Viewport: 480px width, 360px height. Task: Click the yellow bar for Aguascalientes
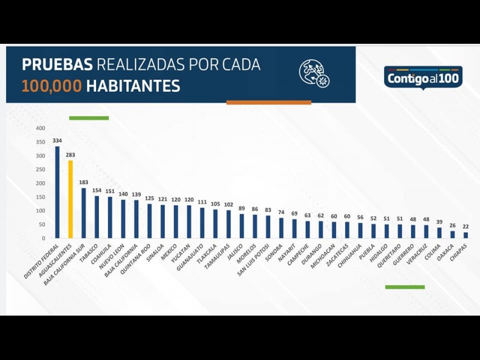click(70, 199)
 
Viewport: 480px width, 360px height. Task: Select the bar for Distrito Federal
click(57, 192)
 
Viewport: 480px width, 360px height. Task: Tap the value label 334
click(57, 141)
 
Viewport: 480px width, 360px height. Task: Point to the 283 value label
click(70, 155)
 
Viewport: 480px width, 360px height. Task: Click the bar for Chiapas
click(465, 235)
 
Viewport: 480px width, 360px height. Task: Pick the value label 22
click(465, 226)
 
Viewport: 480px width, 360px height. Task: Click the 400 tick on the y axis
click(40, 128)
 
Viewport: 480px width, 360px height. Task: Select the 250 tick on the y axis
click(40, 170)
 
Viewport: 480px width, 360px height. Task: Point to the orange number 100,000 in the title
click(52, 86)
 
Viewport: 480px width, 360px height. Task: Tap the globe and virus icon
click(314, 74)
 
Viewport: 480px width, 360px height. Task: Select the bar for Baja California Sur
click(84, 213)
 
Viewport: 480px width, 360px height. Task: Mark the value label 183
click(84, 182)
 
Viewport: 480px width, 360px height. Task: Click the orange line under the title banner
click(268, 103)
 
